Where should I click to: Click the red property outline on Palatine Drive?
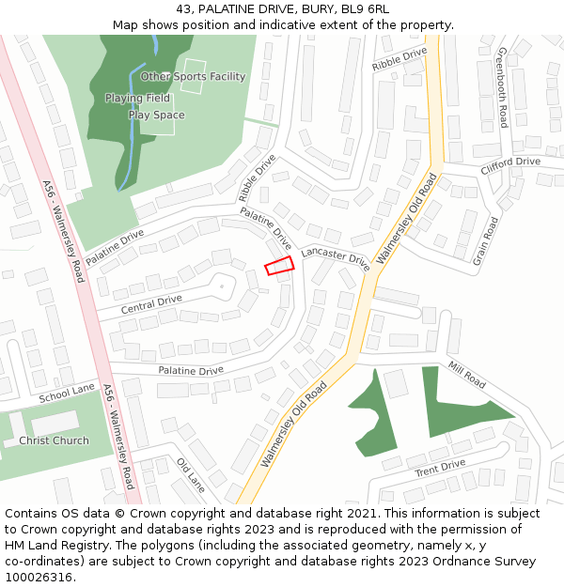pos(279,267)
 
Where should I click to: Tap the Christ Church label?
pos(54,440)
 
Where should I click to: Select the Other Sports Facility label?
pos(193,77)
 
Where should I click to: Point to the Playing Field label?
pos(137,98)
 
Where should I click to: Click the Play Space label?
pos(156,116)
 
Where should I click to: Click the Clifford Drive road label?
pos(510,163)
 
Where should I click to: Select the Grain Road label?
pos(485,240)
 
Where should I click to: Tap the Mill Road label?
pos(466,375)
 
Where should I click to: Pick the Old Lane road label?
pos(190,474)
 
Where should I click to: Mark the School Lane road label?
pos(67,394)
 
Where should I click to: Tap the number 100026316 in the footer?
pos(39,577)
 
